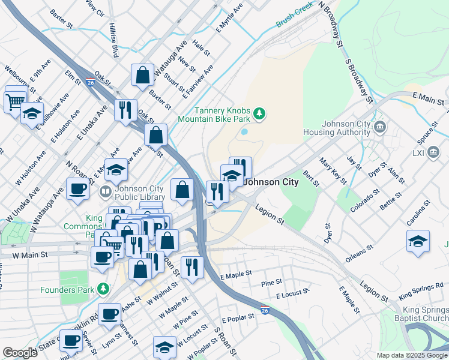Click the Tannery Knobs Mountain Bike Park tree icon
pyautogui.click(x=259, y=113)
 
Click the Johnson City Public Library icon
pyautogui.click(x=105, y=192)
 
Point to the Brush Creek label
pyautogui.click(x=295, y=22)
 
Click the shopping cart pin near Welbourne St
pyautogui.click(x=15, y=99)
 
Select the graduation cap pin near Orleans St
pyautogui.click(x=418, y=241)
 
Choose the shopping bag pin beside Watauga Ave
pyautogui.click(x=143, y=76)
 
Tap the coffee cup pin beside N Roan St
pyautogui.click(x=77, y=189)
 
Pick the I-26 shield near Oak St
pyautogui.click(x=89, y=80)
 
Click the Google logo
pyautogui.click(x=20, y=353)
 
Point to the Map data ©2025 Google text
pyautogui.click(x=412, y=355)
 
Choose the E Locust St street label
pyautogui.click(x=292, y=293)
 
